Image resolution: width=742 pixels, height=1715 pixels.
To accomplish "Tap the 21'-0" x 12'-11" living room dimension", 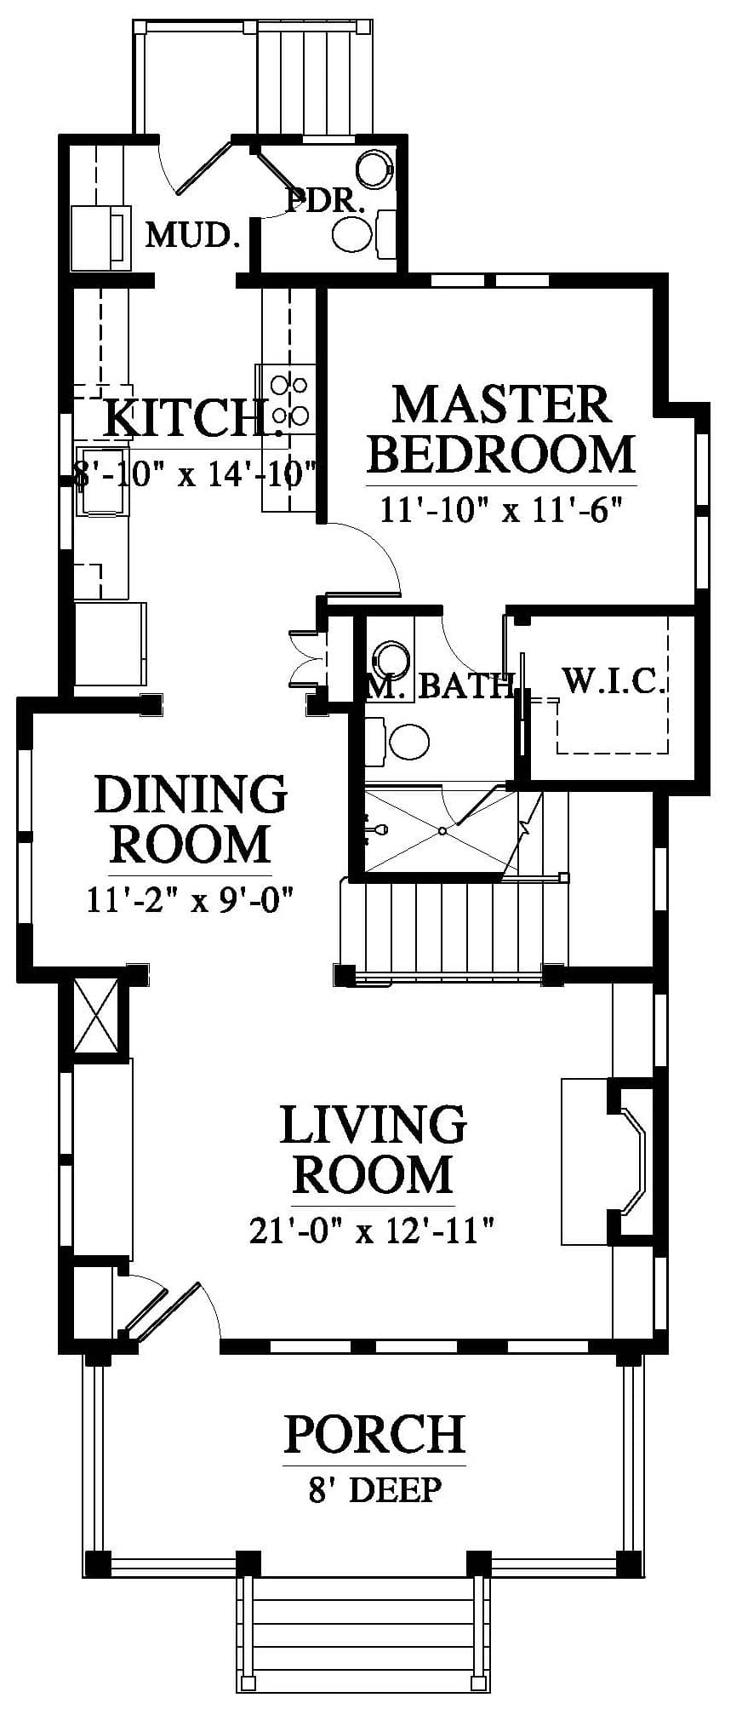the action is pyautogui.click(x=372, y=1230).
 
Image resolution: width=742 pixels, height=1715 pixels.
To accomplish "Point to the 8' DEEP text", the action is pyautogui.click(x=374, y=1489).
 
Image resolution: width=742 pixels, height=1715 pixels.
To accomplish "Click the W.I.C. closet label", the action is pyautogui.click(x=613, y=680).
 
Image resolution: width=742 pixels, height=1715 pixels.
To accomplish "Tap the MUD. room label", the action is pyautogui.click(x=191, y=234).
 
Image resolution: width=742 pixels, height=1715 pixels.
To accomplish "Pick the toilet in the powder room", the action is pyautogui.click(x=362, y=233).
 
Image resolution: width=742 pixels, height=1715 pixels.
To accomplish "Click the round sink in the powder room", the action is pyautogui.click(x=374, y=169).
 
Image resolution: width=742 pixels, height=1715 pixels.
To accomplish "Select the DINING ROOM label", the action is pyautogui.click(x=191, y=819).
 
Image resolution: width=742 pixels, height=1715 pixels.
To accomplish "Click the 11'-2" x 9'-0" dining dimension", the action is pyautogui.click(x=191, y=899).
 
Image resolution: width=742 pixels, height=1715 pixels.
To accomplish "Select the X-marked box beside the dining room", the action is pyautogui.click(x=94, y=1015).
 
